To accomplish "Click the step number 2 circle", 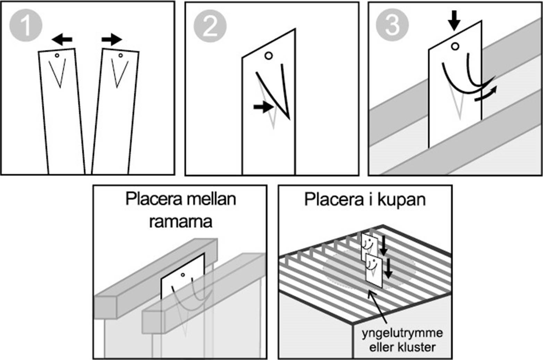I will (210, 26).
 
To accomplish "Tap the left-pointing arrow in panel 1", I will (62, 40).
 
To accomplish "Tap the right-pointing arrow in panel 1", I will (112, 40).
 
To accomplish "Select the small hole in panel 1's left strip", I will (57, 55).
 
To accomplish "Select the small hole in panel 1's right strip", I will (120, 55).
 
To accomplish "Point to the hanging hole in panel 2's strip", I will (268, 56).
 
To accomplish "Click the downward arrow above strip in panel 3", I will (454, 23).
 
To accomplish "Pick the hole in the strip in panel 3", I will (455, 46).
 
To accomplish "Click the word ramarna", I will (180, 222).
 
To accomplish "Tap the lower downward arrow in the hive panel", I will (388, 268).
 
